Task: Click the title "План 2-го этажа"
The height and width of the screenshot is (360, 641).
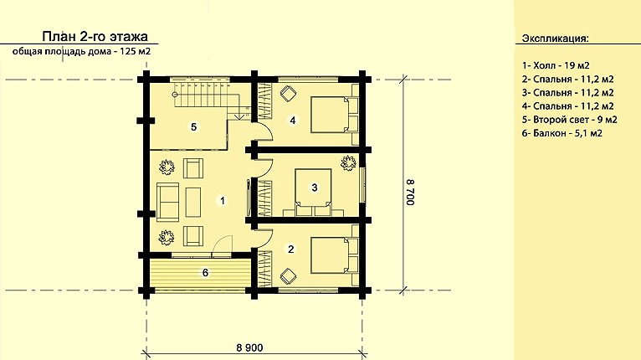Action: pyautogui.click(x=95, y=36)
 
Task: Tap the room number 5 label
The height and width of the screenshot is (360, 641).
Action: pyautogui.click(x=194, y=126)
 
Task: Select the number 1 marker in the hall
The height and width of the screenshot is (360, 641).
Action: pyautogui.click(x=223, y=200)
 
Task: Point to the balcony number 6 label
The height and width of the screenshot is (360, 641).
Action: pyautogui.click(x=205, y=272)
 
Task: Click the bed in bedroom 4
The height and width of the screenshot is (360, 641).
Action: pyautogui.click(x=335, y=115)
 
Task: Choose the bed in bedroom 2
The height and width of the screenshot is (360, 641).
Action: pyautogui.click(x=335, y=255)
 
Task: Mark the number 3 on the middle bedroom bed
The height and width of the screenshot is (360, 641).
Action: pyautogui.click(x=315, y=188)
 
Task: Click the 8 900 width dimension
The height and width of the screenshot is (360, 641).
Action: pyautogui.click(x=249, y=347)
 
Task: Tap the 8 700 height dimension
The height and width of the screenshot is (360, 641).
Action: pyautogui.click(x=410, y=192)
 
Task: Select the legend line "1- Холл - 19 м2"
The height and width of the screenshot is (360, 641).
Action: pyautogui.click(x=556, y=65)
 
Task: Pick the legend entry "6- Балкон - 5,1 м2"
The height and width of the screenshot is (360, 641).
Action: pyautogui.click(x=562, y=133)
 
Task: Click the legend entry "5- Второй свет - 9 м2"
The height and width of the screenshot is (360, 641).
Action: pyautogui.click(x=570, y=120)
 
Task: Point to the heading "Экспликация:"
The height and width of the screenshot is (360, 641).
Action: pyautogui.click(x=555, y=39)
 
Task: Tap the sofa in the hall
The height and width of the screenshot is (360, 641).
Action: pyautogui.click(x=168, y=203)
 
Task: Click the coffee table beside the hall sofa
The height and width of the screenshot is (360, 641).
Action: pyautogui.click(x=193, y=202)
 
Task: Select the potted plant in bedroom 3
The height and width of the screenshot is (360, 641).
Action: pyautogui.click(x=348, y=162)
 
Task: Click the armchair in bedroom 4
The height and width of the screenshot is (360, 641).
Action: pyautogui.click(x=288, y=93)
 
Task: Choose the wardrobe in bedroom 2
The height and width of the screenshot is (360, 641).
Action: pyautogui.click(x=265, y=269)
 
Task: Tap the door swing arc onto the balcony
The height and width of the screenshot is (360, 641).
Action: pyautogui.click(x=223, y=242)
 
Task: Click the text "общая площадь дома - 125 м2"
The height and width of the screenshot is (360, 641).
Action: pyautogui.click(x=81, y=52)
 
